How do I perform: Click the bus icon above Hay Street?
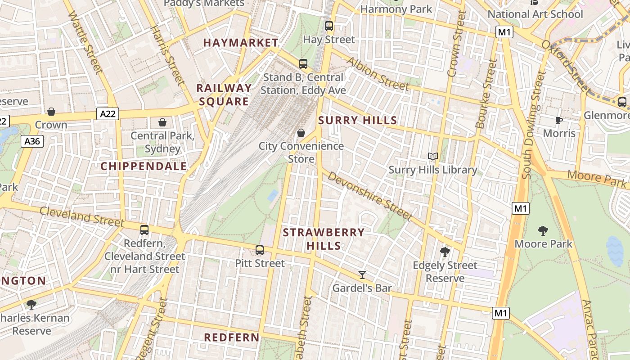[329, 26]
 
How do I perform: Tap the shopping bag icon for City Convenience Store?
[301, 133]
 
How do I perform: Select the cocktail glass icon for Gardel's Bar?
[362, 274]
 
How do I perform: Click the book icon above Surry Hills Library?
[433, 157]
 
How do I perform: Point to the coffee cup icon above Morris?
[559, 120]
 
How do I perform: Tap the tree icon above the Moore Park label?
[543, 231]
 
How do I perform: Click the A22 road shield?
[108, 114]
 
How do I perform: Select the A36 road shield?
[32, 141]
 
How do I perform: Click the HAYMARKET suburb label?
[241, 43]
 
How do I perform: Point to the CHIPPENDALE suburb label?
[144, 166]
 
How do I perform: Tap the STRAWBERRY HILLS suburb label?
[324, 239]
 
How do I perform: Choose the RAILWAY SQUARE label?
[224, 94]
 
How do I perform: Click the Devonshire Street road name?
[369, 196]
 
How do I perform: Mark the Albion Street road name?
[378, 74]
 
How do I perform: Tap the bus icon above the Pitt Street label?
[260, 250]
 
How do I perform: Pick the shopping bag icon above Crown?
[51, 112]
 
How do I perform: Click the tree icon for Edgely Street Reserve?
[445, 252]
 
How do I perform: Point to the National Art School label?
[535, 14]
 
